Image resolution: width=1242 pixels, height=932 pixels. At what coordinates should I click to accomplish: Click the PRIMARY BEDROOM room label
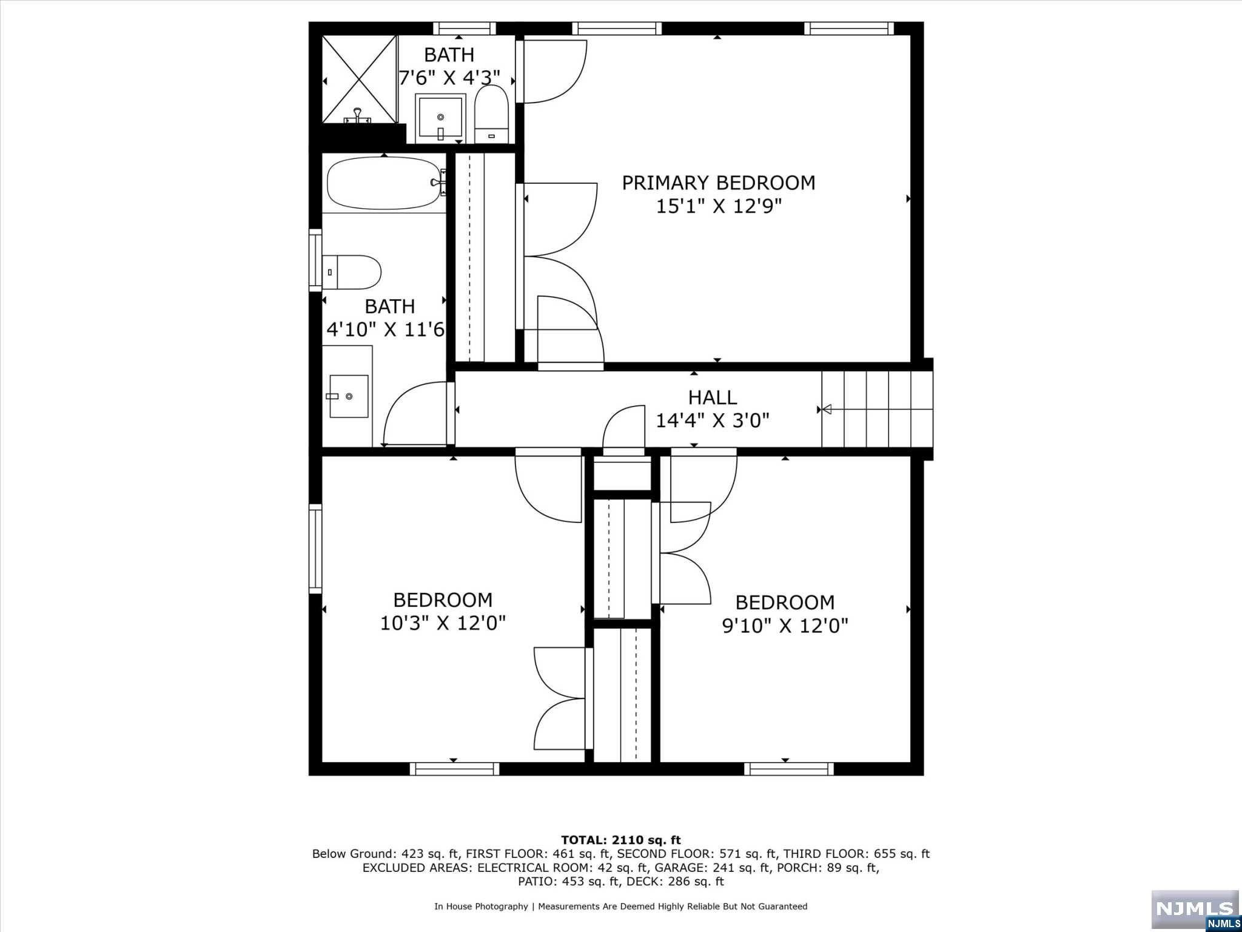(x=719, y=183)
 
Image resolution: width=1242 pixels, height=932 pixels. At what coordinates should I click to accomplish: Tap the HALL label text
(x=713, y=397)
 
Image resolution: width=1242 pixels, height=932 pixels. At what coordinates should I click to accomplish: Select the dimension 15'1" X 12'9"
(x=719, y=206)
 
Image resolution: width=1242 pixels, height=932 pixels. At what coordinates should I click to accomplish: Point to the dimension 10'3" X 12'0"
(x=443, y=623)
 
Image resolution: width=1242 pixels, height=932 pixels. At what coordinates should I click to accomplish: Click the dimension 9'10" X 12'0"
(x=785, y=626)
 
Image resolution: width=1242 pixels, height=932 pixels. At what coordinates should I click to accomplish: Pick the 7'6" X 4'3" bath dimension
(x=449, y=78)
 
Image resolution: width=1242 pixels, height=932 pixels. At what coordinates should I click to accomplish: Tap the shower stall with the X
(x=359, y=79)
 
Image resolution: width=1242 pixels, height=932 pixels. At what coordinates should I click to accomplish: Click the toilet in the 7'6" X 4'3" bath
(x=491, y=114)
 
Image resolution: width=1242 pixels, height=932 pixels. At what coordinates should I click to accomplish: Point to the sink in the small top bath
(x=441, y=118)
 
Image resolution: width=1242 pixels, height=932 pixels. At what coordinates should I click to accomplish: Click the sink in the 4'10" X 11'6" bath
(x=349, y=396)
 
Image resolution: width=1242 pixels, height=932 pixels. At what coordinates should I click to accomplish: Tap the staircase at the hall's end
(x=877, y=410)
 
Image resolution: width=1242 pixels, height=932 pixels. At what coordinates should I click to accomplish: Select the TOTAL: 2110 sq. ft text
(x=621, y=840)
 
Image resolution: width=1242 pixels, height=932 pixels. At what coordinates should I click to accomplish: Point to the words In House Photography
(x=481, y=907)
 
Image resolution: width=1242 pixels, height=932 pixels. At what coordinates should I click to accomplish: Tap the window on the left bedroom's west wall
(x=315, y=549)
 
